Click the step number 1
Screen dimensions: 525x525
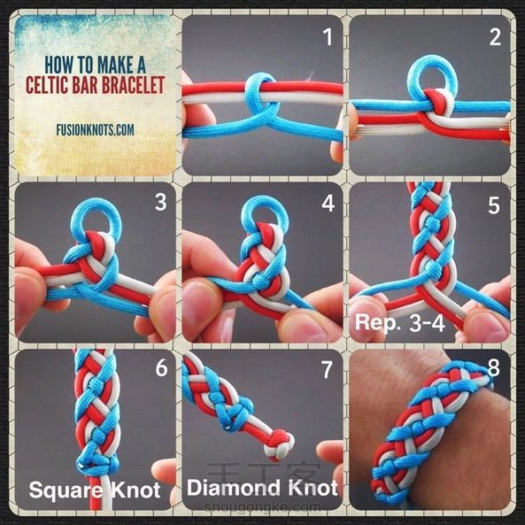tap(328, 37)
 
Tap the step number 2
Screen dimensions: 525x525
tap(495, 37)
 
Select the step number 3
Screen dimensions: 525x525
tap(160, 202)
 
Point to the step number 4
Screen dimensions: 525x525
tap(328, 203)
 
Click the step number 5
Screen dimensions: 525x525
tap(494, 205)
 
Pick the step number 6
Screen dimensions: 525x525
tap(161, 368)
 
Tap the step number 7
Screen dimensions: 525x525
tap(327, 370)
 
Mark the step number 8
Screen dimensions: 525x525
tap(493, 367)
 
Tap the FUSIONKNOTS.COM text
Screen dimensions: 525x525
tap(95, 130)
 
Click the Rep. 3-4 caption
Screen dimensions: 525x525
tap(400, 322)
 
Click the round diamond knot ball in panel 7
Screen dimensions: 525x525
tap(279, 444)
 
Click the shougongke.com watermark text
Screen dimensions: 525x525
tap(262, 507)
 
